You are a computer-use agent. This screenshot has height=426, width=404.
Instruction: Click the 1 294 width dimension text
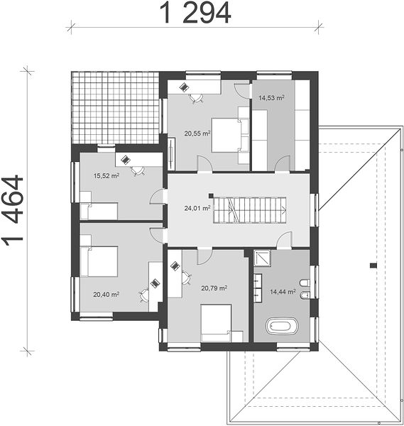click(x=195, y=13)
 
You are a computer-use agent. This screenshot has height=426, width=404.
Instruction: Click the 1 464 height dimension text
click(x=13, y=211)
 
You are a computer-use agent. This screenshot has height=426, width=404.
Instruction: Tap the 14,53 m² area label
click(x=271, y=97)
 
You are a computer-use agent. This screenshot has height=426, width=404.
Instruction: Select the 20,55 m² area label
click(x=197, y=133)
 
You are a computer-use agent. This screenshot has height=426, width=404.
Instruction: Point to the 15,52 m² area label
click(x=107, y=176)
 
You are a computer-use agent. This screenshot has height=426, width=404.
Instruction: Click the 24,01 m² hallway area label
click(x=197, y=208)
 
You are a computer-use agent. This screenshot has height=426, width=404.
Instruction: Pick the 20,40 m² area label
click(x=107, y=294)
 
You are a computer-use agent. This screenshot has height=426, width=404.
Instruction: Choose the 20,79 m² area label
click(x=214, y=288)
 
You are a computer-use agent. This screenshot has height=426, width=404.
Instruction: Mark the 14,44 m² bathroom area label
click(x=283, y=292)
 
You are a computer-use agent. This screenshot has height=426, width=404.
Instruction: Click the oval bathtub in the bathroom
click(x=282, y=325)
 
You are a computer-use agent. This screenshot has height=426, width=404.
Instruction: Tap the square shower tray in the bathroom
click(x=262, y=258)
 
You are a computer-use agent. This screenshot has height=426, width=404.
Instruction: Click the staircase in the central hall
click(x=250, y=210)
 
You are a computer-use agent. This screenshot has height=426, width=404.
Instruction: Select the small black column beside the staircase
click(x=211, y=195)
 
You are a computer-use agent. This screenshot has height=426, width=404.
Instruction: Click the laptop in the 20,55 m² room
click(x=184, y=87)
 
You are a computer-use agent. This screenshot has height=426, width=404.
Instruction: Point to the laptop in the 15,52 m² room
click(x=125, y=160)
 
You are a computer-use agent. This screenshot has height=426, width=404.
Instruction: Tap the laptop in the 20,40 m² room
click(x=155, y=283)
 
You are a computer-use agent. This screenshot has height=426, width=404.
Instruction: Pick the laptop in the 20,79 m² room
click(x=175, y=266)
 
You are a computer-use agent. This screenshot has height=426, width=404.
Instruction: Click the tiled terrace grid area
click(x=115, y=108)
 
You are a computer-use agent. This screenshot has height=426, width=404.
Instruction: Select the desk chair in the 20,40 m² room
click(x=143, y=295)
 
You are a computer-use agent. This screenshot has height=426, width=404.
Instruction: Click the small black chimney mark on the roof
click(x=373, y=266)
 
